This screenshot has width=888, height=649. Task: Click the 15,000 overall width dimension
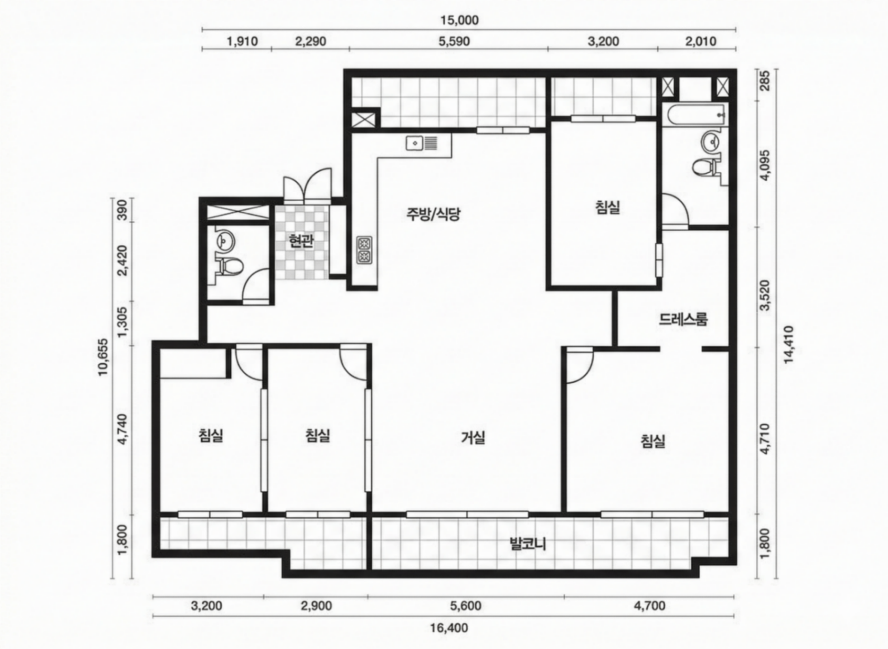(459, 20)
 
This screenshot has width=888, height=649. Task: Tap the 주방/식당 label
(433, 214)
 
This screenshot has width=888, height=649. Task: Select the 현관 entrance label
(301, 241)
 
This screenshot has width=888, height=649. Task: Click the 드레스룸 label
(683, 320)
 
